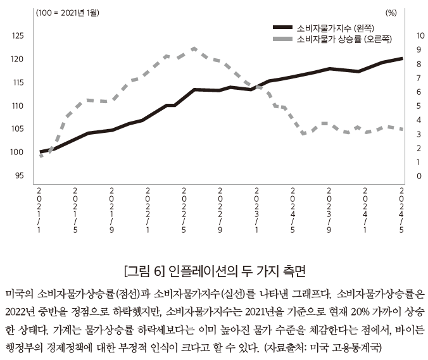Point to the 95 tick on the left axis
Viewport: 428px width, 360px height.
click(18, 175)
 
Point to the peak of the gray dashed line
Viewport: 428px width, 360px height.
click(194, 48)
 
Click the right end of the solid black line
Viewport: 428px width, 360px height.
click(402, 58)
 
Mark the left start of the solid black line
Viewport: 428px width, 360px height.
click(41, 152)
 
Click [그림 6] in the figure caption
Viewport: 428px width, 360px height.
click(144, 271)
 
